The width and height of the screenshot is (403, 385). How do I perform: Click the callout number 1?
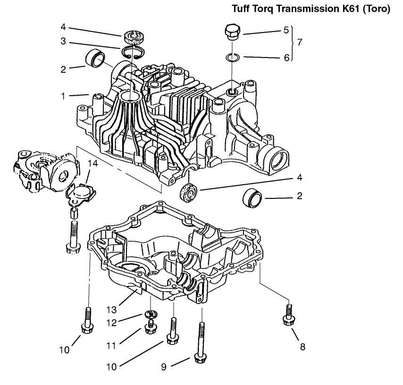[x=63, y=96]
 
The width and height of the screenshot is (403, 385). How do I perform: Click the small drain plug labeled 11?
[x=151, y=327]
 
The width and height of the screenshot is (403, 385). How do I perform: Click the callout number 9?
[x=164, y=366]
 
